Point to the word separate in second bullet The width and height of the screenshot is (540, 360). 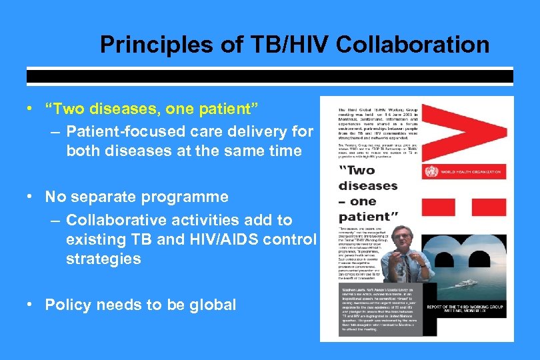pyautogui.click(x=107, y=197)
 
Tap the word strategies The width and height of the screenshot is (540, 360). pyautogui.click(x=103, y=259)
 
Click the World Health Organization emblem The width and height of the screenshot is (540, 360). pyautogui.click(x=430, y=172)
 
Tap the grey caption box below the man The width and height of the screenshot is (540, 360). pyautogui.click(x=370, y=313)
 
